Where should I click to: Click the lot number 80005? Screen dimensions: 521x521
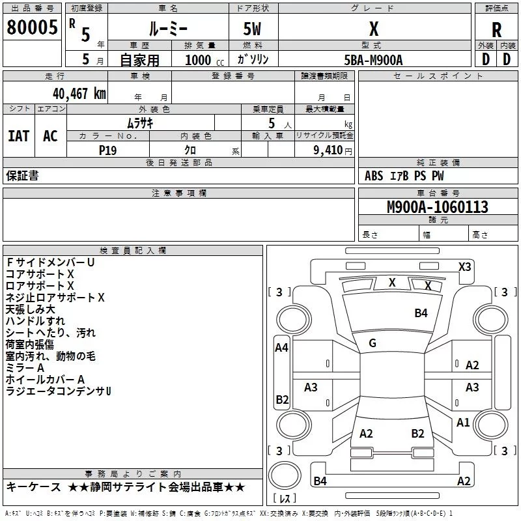pos(31,27)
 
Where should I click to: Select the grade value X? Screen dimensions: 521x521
pos(373,29)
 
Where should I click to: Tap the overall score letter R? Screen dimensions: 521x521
pos(496,29)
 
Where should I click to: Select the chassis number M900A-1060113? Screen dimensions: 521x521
pos(428,207)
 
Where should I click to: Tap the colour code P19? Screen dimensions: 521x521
pos(107,150)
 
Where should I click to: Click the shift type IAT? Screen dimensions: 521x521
pos(18,135)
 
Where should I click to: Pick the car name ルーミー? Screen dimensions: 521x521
pos(167,29)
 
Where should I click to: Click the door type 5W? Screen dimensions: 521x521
pos(252,29)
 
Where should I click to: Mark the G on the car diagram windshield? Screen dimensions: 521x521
pos(373,343)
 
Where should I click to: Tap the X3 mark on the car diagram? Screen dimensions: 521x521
pos(464,266)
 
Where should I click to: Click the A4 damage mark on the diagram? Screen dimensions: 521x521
pos(281,348)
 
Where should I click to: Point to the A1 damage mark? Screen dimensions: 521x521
pos(463,423)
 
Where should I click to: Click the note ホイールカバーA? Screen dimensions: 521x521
pos(45,379)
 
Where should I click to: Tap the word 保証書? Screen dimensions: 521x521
pos(22,175)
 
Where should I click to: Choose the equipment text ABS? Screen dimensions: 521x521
pos(374,176)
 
